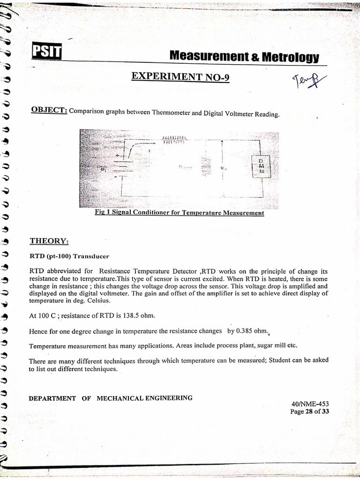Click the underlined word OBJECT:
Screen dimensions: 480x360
49,110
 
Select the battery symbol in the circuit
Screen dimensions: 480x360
120,166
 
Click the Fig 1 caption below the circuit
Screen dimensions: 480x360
179,213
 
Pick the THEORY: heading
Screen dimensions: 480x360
49,241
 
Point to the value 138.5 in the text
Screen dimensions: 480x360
126,316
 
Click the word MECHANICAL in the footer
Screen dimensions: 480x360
121,398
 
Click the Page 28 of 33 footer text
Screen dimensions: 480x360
310,412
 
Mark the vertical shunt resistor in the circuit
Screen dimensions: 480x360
204,166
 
